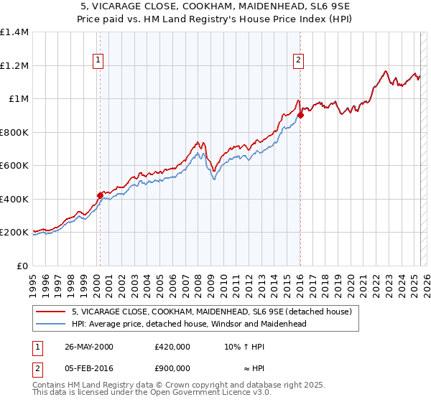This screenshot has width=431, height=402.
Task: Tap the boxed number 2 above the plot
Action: point(297,61)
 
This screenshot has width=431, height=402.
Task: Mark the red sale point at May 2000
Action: point(101,195)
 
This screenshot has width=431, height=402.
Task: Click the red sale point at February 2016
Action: point(301,115)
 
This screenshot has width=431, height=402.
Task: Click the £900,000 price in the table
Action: point(172,368)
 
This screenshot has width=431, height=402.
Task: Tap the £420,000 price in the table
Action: point(172,347)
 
